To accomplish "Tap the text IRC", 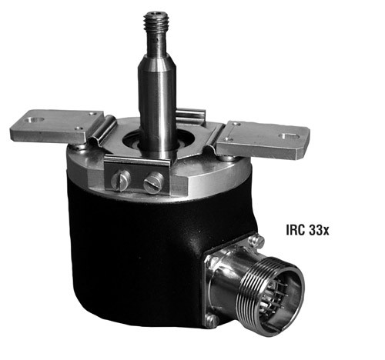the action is (296, 229).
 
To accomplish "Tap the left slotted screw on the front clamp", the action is (120, 181).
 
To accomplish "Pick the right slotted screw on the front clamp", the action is (153, 182).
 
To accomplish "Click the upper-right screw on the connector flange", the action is (256, 242).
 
